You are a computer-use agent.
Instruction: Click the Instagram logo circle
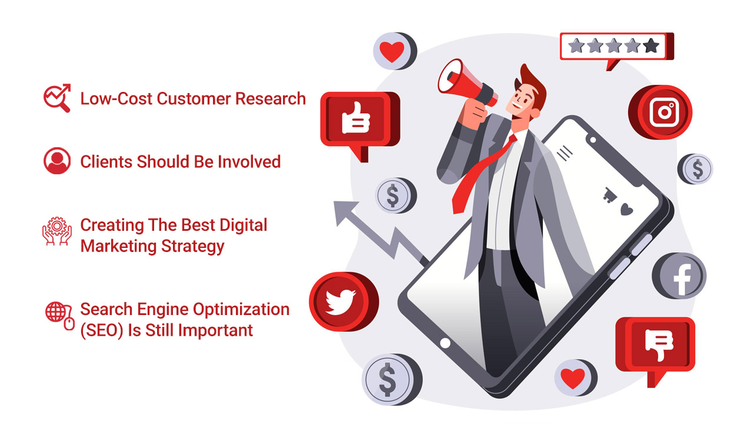pyautogui.click(x=660, y=112)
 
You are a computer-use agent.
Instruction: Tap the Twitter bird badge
pyautogui.click(x=344, y=302)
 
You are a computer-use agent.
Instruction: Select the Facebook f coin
pyautogui.click(x=679, y=276)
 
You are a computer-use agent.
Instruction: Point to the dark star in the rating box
pyautogui.click(x=651, y=46)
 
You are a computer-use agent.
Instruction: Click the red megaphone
pyautogui.click(x=467, y=84)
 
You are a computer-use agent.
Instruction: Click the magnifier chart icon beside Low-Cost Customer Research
pyautogui.click(x=57, y=98)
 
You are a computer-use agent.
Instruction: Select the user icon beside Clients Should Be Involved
pyautogui.click(x=57, y=161)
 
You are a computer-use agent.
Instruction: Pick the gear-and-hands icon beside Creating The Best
pyautogui.click(x=57, y=231)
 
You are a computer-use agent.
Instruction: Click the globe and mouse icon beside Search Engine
pyautogui.click(x=60, y=316)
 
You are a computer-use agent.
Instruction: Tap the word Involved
pyautogui.click(x=249, y=161)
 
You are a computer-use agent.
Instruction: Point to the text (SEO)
pyautogui.click(x=102, y=330)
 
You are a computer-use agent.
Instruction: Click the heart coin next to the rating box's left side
pyautogui.click(x=395, y=51)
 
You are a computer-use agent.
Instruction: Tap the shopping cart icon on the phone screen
pyautogui.click(x=610, y=195)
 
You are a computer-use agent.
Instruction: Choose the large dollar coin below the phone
pyautogui.click(x=392, y=379)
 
